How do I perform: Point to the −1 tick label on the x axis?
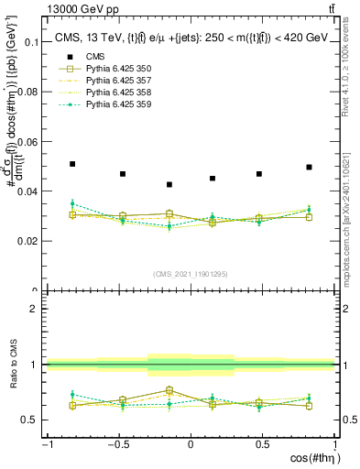coord(46,443)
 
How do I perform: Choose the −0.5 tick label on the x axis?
coord(117,443)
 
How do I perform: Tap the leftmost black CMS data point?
coord(72,164)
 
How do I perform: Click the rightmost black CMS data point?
coord(310,168)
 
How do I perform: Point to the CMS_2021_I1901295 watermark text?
coord(191,274)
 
